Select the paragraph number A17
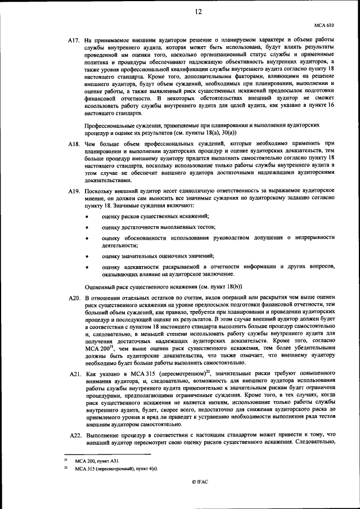point(74,40)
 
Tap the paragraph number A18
point(74,144)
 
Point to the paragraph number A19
point(74,192)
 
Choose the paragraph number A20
point(74,297)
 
